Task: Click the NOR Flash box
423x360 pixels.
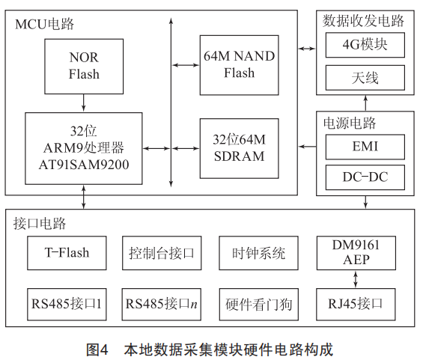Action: point(84,67)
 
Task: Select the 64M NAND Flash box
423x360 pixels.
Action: point(239,65)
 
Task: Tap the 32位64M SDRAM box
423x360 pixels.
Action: point(239,148)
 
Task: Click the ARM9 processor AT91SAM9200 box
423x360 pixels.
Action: point(84,149)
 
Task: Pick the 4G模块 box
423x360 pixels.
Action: point(365,45)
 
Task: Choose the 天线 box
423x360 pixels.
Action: point(365,78)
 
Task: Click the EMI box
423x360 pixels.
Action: point(365,147)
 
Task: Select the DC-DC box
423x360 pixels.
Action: point(365,177)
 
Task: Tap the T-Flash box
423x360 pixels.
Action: point(67,253)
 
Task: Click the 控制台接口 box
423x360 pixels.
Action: point(162,253)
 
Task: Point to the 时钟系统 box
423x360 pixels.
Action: point(258,253)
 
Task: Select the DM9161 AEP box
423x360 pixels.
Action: point(356,253)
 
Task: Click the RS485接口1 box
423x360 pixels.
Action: point(67,305)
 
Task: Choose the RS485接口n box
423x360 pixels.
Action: point(161,305)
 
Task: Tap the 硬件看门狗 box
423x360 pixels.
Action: point(259,305)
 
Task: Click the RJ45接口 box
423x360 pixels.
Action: point(356,305)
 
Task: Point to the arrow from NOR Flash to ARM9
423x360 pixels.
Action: point(84,103)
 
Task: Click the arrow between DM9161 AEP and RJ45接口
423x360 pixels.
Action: point(356,279)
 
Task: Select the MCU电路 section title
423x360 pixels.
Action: point(44,24)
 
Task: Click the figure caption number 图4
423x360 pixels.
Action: point(97,350)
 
